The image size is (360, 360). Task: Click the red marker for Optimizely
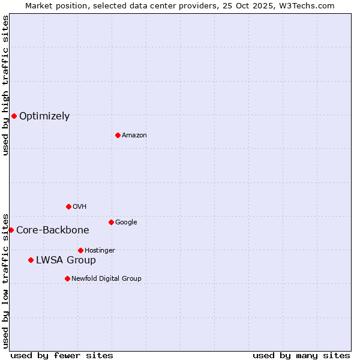click(x=14, y=116)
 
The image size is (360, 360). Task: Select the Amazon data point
click(x=118, y=135)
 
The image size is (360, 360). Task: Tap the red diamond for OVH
click(x=68, y=206)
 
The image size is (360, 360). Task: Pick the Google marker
click(x=111, y=222)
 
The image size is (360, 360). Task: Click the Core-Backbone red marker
click(x=11, y=230)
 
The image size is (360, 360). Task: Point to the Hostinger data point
click(x=80, y=250)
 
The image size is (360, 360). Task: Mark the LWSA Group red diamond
click(x=31, y=260)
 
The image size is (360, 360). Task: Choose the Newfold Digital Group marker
click(x=67, y=278)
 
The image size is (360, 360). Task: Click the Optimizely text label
click(x=44, y=116)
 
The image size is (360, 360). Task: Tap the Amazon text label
click(x=134, y=136)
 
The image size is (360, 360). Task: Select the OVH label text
click(x=80, y=207)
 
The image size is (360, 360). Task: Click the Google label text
click(x=126, y=223)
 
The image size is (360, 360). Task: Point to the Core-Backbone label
click(x=53, y=230)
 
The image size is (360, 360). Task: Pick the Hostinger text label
click(x=100, y=251)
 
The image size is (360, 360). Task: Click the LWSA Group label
click(x=66, y=260)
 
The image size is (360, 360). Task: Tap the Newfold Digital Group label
click(x=106, y=279)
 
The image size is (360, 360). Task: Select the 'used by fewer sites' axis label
click(x=62, y=355)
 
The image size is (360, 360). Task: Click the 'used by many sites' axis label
click(x=301, y=355)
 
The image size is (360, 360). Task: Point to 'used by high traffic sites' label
click(x=6, y=85)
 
